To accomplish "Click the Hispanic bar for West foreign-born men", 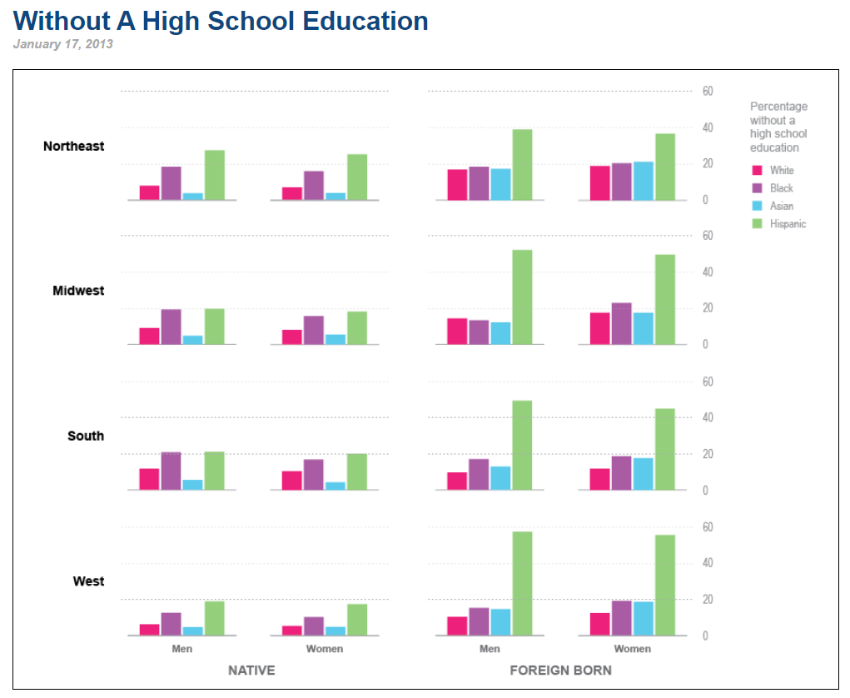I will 522,583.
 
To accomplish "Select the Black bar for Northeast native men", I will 171,183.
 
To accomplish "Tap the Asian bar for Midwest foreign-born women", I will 643,328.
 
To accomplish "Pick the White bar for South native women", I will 292,481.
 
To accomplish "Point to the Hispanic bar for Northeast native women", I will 357,177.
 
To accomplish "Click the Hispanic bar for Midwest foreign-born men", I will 522,297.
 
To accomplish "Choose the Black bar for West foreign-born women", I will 621,618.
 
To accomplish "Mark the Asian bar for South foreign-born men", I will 500,478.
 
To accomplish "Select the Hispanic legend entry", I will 788,224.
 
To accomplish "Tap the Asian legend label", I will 781,206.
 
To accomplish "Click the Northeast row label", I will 73,147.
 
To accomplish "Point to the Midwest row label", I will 78,292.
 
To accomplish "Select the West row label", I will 88,581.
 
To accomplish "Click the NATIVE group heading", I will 251,671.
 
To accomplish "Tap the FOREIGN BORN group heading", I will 560,671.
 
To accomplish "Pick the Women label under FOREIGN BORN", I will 632,649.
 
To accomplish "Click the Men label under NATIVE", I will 181,649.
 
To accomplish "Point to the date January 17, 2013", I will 63,44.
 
